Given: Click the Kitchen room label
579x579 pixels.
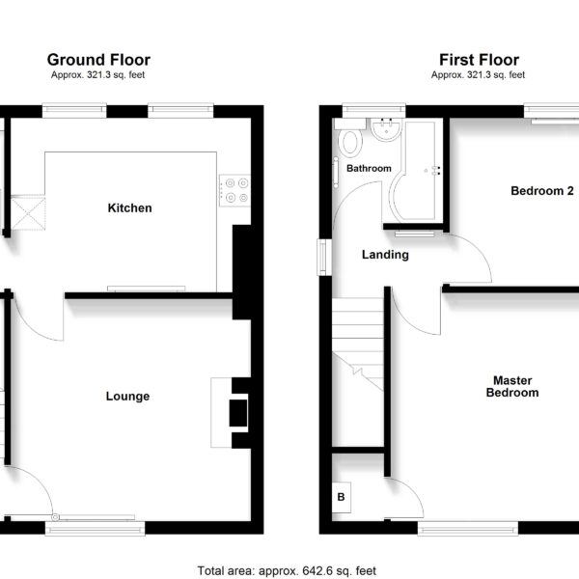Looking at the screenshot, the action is coord(129,207).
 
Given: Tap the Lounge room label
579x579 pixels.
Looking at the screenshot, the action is coord(127,397).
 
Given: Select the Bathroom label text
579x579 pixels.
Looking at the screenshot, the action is coord(369,168).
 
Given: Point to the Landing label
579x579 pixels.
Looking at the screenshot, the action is coord(385,255).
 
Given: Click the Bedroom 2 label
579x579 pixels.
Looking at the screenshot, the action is coord(542,190).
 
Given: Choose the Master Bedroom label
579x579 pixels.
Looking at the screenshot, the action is coord(512,386).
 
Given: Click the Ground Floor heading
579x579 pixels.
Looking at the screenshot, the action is coord(98,60).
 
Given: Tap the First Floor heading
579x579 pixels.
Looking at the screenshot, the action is coord(479,60).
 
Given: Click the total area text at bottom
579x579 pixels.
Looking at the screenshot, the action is coord(287,571).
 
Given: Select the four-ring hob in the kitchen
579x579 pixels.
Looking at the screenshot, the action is coord(235,190).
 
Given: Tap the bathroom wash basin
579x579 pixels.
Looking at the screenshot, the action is coord(386,129).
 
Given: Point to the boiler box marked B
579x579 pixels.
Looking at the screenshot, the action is coord(342,497).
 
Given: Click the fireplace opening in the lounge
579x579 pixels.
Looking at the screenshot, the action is coord(238,413).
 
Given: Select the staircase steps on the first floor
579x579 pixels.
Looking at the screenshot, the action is coord(357,345).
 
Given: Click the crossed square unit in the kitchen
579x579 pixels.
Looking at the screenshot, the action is coord(28,214).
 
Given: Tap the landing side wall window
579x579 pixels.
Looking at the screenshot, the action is coord(324,258).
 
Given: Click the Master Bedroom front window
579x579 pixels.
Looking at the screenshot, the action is coord(468,528).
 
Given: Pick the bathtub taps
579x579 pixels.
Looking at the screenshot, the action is coord(436,170).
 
